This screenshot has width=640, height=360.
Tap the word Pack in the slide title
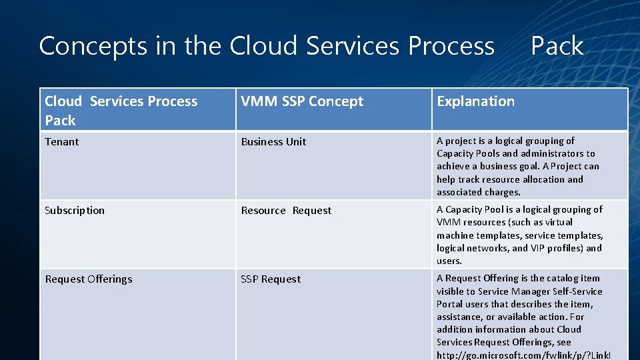(557, 46)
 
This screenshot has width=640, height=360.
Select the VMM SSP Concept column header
(302, 101)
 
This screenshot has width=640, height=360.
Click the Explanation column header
(475, 101)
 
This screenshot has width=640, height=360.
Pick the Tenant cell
(62, 142)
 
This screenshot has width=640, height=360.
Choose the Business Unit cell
(273, 142)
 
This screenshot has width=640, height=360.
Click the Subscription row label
(75, 211)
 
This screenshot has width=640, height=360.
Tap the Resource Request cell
(286, 211)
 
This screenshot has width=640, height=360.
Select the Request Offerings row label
(89, 279)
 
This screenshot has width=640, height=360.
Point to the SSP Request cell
(271, 279)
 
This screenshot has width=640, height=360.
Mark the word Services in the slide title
(353, 46)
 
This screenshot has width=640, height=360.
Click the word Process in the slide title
(451, 46)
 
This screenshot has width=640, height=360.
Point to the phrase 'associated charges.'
(478, 192)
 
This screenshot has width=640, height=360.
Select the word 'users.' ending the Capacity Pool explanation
(449, 261)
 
